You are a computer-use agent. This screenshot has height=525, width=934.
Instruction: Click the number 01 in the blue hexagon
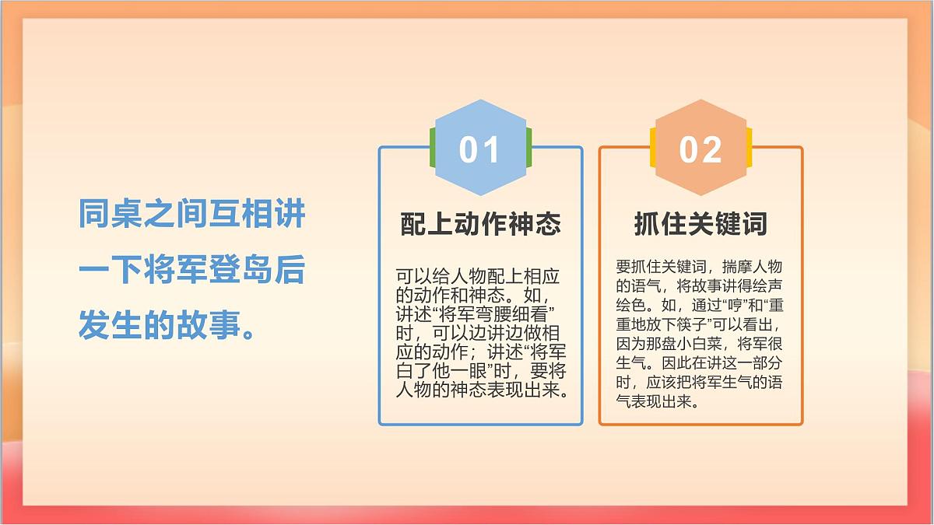pos(479,149)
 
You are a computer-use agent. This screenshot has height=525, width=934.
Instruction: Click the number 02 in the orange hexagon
pos(700,149)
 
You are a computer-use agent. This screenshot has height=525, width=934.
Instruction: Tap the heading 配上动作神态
pos(480,224)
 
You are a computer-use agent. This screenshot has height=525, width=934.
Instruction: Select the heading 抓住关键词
pos(700,224)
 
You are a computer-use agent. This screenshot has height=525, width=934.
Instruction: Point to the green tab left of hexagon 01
pos(432,147)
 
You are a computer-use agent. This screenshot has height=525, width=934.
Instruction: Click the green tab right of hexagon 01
pos(528,147)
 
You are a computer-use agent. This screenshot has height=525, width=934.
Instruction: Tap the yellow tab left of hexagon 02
pos(652,147)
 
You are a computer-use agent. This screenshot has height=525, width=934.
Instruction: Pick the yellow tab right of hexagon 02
pos(749,147)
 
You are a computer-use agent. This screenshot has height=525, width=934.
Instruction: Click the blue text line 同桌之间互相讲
pos(191,214)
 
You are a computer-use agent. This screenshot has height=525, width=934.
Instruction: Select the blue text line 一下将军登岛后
pos(191,271)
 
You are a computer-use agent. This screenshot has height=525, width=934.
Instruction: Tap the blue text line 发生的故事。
pos(168,326)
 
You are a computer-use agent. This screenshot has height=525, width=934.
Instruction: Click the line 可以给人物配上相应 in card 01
pos(479,277)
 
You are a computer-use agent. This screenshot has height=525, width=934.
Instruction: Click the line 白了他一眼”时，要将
pos(481,371)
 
